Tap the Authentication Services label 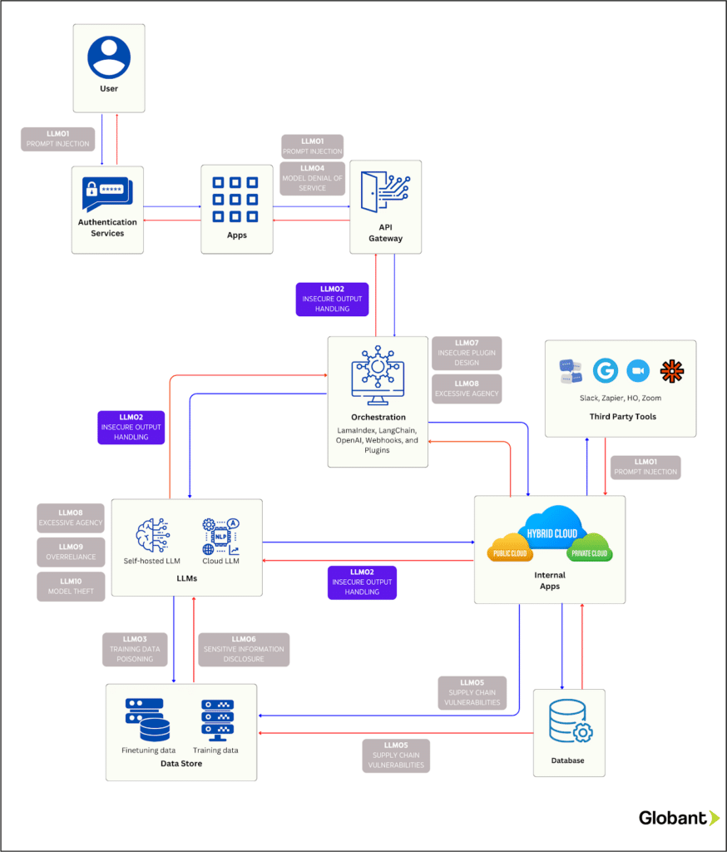click(107, 228)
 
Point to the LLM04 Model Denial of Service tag click(312, 177)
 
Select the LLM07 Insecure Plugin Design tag click(467, 353)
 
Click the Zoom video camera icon click(638, 371)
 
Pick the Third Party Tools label click(620, 417)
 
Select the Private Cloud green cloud click(589, 552)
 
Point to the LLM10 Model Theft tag click(71, 587)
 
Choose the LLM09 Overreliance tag click(71, 552)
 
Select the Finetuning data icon click(147, 721)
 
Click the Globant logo click(678, 818)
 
